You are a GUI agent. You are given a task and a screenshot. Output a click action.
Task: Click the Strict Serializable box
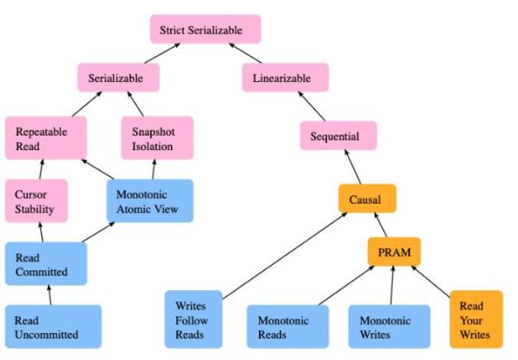[205, 30]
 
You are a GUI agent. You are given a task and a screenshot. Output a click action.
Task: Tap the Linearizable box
[281, 79]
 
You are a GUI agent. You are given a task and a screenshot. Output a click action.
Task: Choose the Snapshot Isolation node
[156, 139]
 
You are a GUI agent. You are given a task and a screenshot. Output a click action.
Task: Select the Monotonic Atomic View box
[148, 200]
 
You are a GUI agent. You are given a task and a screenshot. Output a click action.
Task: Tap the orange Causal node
[366, 199]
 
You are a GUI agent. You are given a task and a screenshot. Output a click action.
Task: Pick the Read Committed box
[45, 263]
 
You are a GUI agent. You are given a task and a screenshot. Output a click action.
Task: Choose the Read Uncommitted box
[52, 326]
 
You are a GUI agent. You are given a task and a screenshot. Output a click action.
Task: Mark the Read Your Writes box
[476, 319]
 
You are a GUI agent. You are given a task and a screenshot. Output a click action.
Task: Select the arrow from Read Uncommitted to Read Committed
[49, 295]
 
